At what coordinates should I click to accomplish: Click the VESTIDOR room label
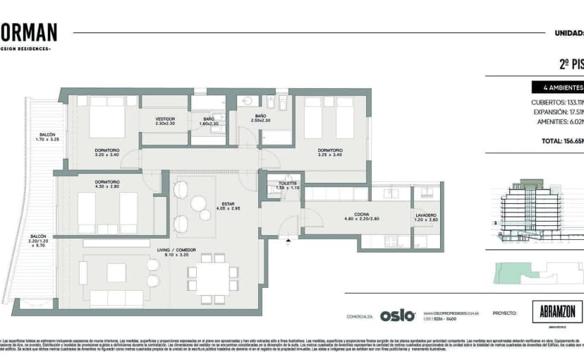pos(165,121)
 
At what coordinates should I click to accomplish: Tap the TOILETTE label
pos(288,185)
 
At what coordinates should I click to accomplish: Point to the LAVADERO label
pos(426,218)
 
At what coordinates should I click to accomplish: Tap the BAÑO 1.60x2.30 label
pos(209,121)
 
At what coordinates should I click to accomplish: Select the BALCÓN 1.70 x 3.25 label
pos(47,137)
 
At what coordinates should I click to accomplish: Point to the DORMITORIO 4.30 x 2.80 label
pos(107,184)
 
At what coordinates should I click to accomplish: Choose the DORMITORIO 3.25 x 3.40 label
pos(330,152)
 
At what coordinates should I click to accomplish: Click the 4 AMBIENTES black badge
pos(558,88)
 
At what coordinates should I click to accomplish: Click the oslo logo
pos(398,316)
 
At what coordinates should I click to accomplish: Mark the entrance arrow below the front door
pos(288,241)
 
